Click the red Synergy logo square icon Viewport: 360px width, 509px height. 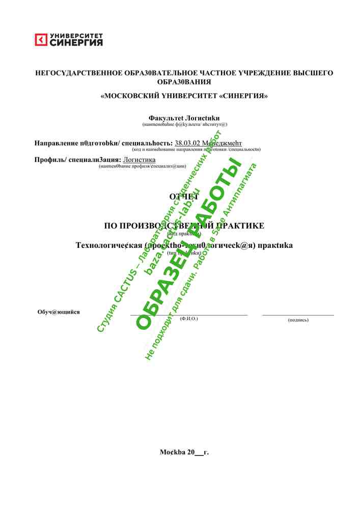coord(41,40)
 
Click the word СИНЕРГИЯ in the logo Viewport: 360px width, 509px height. coord(76,43)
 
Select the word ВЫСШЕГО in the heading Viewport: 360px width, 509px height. coord(313,73)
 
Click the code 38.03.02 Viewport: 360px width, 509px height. coord(187,143)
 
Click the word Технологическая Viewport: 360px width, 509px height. coord(108,245)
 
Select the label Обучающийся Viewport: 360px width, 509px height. coord(58,312)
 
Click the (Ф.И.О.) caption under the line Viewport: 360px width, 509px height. coord(188,318)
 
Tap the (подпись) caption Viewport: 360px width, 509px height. coord(298,320)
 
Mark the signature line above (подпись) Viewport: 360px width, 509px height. coord(298,315)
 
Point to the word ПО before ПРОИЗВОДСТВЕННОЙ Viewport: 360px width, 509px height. coord(110,225)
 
